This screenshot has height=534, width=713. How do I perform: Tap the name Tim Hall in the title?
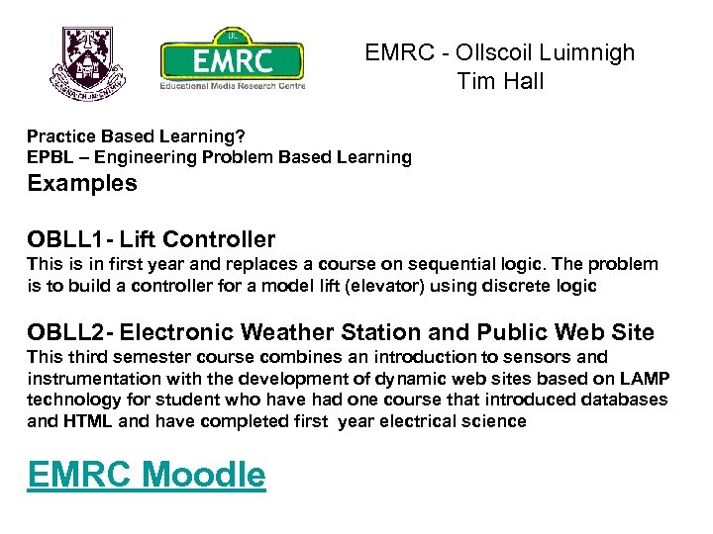tap(500, 81)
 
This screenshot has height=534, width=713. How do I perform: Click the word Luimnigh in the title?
tap(584, 52)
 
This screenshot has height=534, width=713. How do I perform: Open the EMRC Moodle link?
tap(147, 475)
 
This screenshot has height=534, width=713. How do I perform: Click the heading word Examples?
tap(82, 183)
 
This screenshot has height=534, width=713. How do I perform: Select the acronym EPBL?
tap(49, 157)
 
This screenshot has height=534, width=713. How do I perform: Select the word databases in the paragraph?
tap(627, 400)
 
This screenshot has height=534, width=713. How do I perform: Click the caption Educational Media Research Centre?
tap(232, 84)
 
